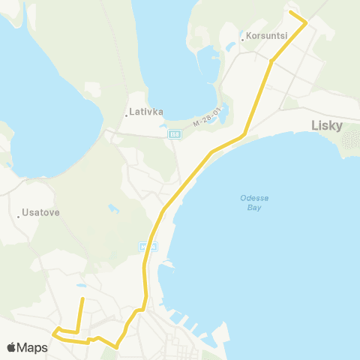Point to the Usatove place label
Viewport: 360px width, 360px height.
pos(41,212)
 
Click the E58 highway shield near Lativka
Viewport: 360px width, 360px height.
pos(175,133)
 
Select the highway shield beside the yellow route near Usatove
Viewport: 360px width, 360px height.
pos(148,245)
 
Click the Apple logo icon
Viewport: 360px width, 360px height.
pos(11,348)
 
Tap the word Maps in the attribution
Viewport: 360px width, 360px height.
pos(33,348)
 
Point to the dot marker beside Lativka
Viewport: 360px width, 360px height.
pos(126,114)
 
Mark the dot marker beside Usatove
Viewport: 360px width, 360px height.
pos(19,216)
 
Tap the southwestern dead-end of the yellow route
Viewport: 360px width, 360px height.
pos(82,298)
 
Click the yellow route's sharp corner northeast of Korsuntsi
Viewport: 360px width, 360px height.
pos(305,23)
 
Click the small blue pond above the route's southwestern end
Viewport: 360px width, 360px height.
pos(80,286)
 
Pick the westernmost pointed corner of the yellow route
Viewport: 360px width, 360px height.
pos(54,331)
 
